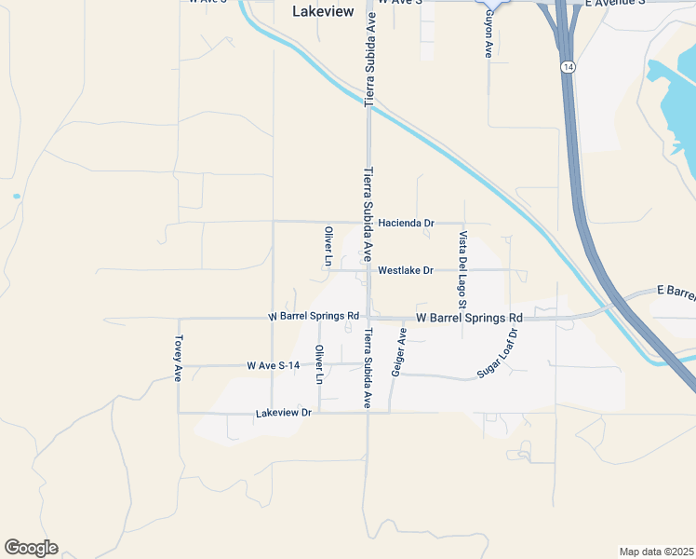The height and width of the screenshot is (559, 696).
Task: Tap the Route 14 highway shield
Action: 568,67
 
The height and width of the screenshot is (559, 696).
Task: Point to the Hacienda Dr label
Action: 407,224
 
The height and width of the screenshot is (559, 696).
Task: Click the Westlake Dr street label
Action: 406,270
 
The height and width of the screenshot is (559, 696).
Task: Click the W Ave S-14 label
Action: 274,365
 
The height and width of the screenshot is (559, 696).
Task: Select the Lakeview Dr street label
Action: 282,412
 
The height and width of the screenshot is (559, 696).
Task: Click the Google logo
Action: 31,548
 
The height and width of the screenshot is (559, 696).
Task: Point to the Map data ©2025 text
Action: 655,552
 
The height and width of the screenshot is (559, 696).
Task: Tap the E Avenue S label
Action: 614,4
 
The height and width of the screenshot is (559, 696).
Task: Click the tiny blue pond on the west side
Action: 16,197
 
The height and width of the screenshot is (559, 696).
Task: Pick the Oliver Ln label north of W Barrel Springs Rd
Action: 328,246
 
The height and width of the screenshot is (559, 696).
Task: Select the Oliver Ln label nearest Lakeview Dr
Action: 319,365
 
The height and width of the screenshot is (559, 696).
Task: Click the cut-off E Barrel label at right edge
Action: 676,293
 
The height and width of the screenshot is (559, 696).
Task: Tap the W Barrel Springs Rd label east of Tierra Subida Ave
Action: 468,318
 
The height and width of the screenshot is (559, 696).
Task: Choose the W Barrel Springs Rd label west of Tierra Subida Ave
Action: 314,317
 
